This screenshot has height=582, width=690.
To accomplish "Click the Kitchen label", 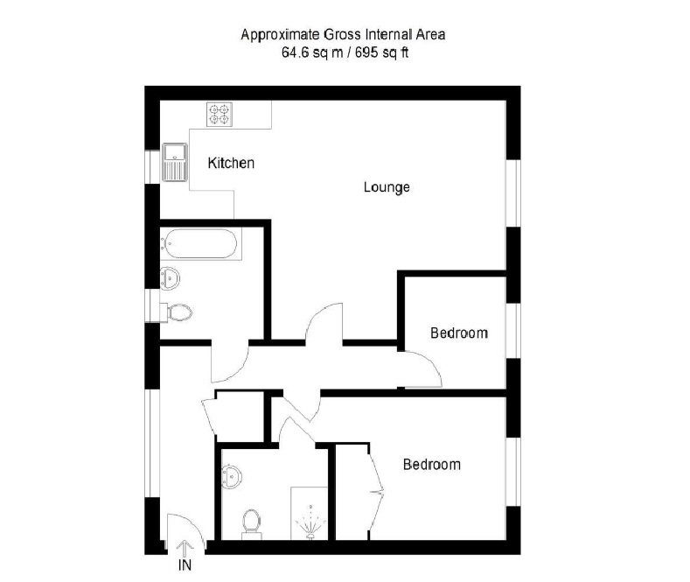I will point(231,163).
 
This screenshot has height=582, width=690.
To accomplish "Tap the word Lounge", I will point(387,187).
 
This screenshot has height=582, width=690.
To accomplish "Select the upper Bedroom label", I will point(458,333).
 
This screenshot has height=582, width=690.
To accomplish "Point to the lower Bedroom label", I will point(431,465).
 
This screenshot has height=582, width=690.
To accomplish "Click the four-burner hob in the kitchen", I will point(219,114).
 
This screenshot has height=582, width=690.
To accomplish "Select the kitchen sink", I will point(175,163).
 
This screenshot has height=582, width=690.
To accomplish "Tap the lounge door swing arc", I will point(324,323).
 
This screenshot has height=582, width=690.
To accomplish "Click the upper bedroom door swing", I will point(425,368).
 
